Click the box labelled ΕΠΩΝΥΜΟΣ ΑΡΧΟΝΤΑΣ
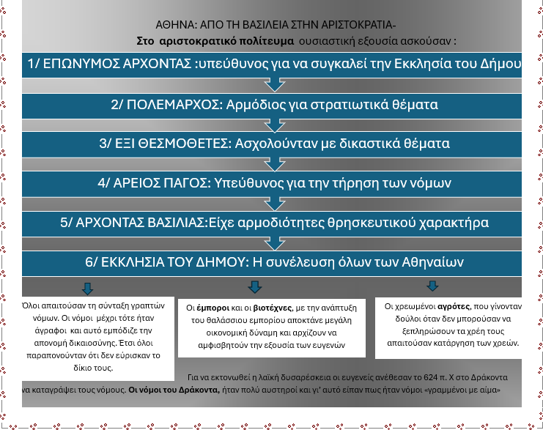pyautogui.click(x=272, y=64)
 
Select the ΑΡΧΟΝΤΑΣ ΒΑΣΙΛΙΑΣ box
pyautogui.click(x=272, y=222)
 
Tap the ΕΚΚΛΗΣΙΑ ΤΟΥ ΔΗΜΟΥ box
pyautogui.click(x=272, y=262)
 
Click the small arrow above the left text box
pyautogui.click(x=87, y=288)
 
